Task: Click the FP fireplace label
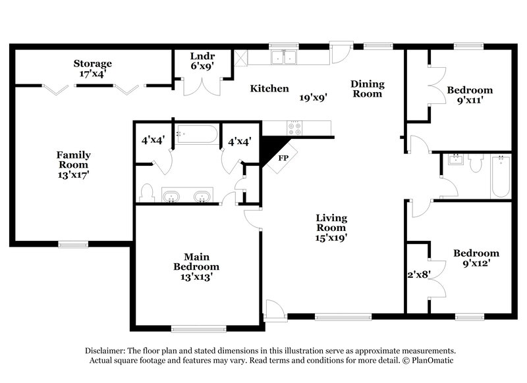283,159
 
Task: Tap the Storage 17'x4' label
92,68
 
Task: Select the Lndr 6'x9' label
201,61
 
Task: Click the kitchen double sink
285,58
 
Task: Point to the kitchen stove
293,129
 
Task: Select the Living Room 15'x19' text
331,228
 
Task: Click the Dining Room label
367,89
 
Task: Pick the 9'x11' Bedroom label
469,95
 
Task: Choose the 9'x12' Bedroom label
476,258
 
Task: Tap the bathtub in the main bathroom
196,134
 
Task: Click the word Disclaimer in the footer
107,351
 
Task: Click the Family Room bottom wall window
73,244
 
